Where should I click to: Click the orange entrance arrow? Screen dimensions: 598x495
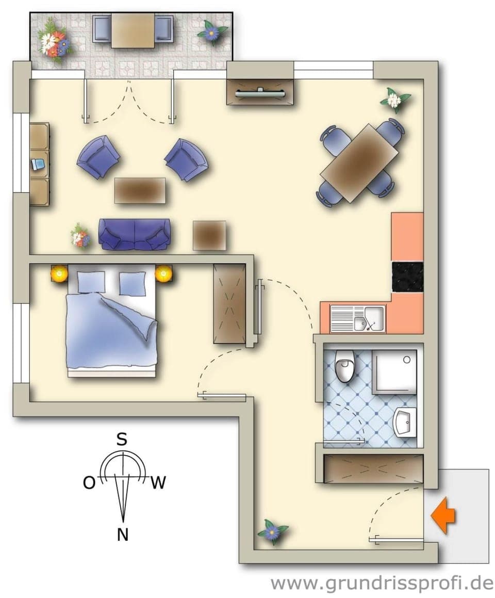443,514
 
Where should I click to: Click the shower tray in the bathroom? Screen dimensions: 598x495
394,373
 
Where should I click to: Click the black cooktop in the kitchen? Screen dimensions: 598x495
407,277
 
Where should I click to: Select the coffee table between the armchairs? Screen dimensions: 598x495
140,190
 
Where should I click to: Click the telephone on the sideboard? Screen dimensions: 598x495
38,165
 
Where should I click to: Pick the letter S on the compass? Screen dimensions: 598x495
122,440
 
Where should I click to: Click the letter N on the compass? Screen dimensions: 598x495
123,535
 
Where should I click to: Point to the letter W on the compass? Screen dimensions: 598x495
158,483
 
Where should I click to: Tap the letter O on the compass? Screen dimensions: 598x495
89,483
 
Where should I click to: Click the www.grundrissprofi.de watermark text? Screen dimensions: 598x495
382,583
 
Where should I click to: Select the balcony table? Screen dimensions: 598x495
133,30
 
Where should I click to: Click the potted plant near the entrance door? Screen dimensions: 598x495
272,531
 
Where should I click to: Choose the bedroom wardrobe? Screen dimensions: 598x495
229,304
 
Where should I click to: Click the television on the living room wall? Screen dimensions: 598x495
260,93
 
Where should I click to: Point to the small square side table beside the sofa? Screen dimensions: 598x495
209,235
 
